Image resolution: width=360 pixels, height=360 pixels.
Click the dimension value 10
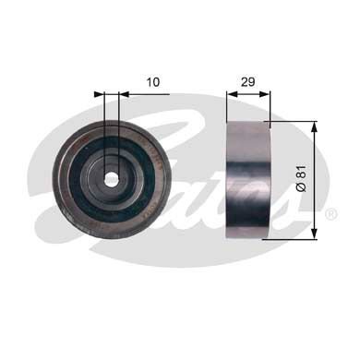coord(153,82)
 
